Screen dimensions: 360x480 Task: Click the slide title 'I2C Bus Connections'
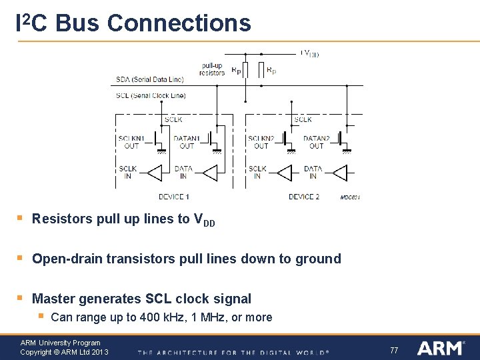133,23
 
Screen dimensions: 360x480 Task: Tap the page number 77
394,350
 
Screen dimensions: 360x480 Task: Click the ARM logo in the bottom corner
440,348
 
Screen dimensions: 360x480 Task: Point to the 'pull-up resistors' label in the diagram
212,69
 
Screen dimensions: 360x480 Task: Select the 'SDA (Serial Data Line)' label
150,80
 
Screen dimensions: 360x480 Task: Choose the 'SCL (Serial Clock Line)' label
151,95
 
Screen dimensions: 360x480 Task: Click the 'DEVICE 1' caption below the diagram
174,197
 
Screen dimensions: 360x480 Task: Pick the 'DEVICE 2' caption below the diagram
304,197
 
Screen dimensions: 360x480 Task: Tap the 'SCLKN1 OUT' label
131,142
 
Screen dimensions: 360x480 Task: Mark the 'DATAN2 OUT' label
316,142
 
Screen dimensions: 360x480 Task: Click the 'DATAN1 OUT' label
187,142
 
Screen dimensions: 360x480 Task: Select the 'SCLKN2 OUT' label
261,142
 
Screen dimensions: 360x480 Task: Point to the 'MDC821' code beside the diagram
350,197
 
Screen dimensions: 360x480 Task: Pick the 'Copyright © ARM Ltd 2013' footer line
64,352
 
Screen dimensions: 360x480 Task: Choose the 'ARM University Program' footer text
61,343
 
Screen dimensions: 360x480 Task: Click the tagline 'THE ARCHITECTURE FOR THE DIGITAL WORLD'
233,352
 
